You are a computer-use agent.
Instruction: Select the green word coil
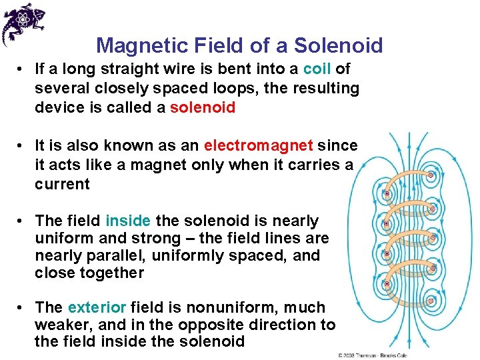click(x=317, y=69)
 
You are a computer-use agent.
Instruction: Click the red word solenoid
click(x=203, y=107)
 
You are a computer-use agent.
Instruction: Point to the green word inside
click(x=128, y=221)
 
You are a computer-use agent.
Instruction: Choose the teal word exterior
click(x=97, y=307)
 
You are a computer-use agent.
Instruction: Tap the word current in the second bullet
click(x=62, y=184)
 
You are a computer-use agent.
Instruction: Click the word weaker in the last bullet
click(x=61, y=325)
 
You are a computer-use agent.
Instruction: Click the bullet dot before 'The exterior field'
click(x=21, y=308)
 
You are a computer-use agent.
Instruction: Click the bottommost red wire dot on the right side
click(x=431, y=300)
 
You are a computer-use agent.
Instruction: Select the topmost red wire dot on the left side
click(x=386, y=194)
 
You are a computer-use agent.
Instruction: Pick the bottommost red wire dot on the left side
click(x=386, y=283)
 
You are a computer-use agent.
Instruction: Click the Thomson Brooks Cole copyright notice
click(x=373, y=355)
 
